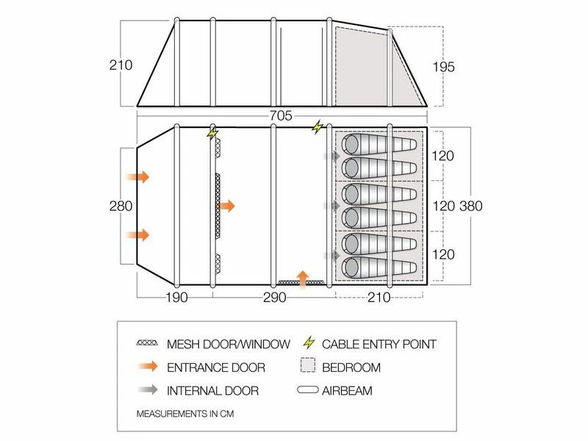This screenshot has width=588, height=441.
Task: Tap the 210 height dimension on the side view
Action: (122, 65)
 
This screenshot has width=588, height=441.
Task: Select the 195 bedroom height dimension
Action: (444, 67)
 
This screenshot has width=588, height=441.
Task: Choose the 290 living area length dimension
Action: (273, 298)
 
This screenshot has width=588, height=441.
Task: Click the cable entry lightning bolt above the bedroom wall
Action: (318, 127)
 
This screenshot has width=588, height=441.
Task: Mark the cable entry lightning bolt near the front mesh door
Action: (213, 134)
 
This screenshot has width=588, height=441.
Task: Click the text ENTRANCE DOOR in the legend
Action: (215, 367)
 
